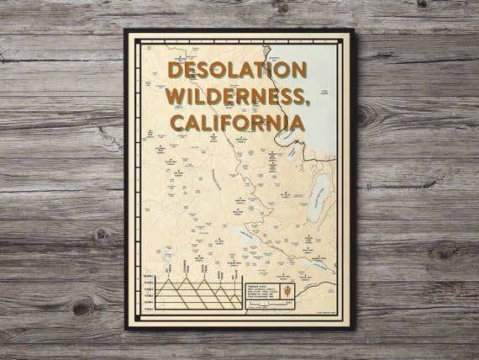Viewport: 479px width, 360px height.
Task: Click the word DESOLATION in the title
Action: pyautogui.click(x=237, y=71)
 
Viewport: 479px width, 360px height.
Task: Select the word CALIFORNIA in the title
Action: pyautogui.click(x=237, y=123)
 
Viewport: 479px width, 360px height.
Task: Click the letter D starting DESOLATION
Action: pyautogui.click(x=175, y=71)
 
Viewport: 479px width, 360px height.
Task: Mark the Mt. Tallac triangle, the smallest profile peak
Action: pyautogui.click(x=234, y=298)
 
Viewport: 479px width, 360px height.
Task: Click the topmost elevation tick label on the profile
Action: pyautogui.click(x=149, y=277)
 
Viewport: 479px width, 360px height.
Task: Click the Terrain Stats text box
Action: pyautogui.click(x=264, y=292)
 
